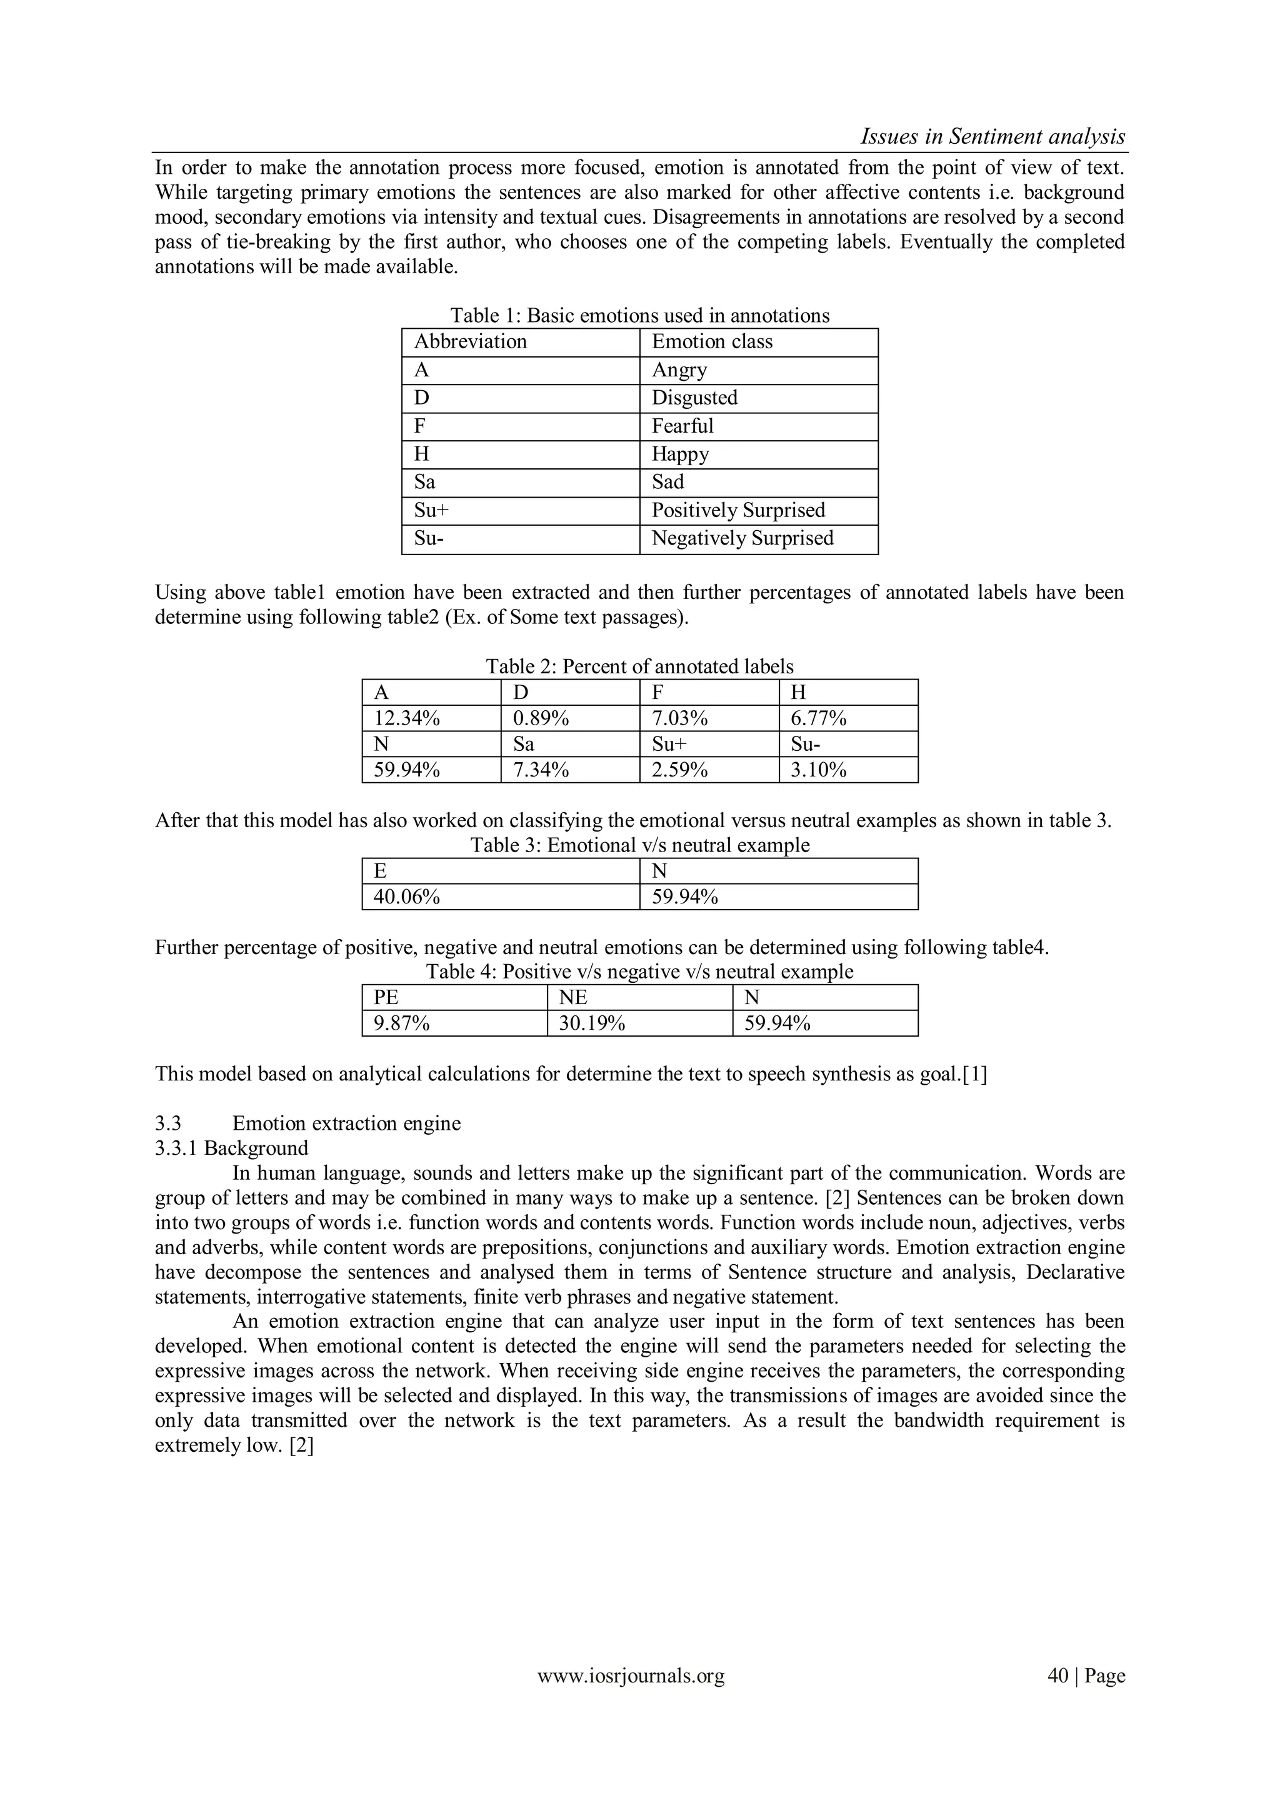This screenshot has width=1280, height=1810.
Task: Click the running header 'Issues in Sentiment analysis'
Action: tap(992, 136)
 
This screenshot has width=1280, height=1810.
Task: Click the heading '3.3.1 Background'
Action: tap(231, 1148)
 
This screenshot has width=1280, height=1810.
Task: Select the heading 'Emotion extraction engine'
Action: tap(346, 1123)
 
